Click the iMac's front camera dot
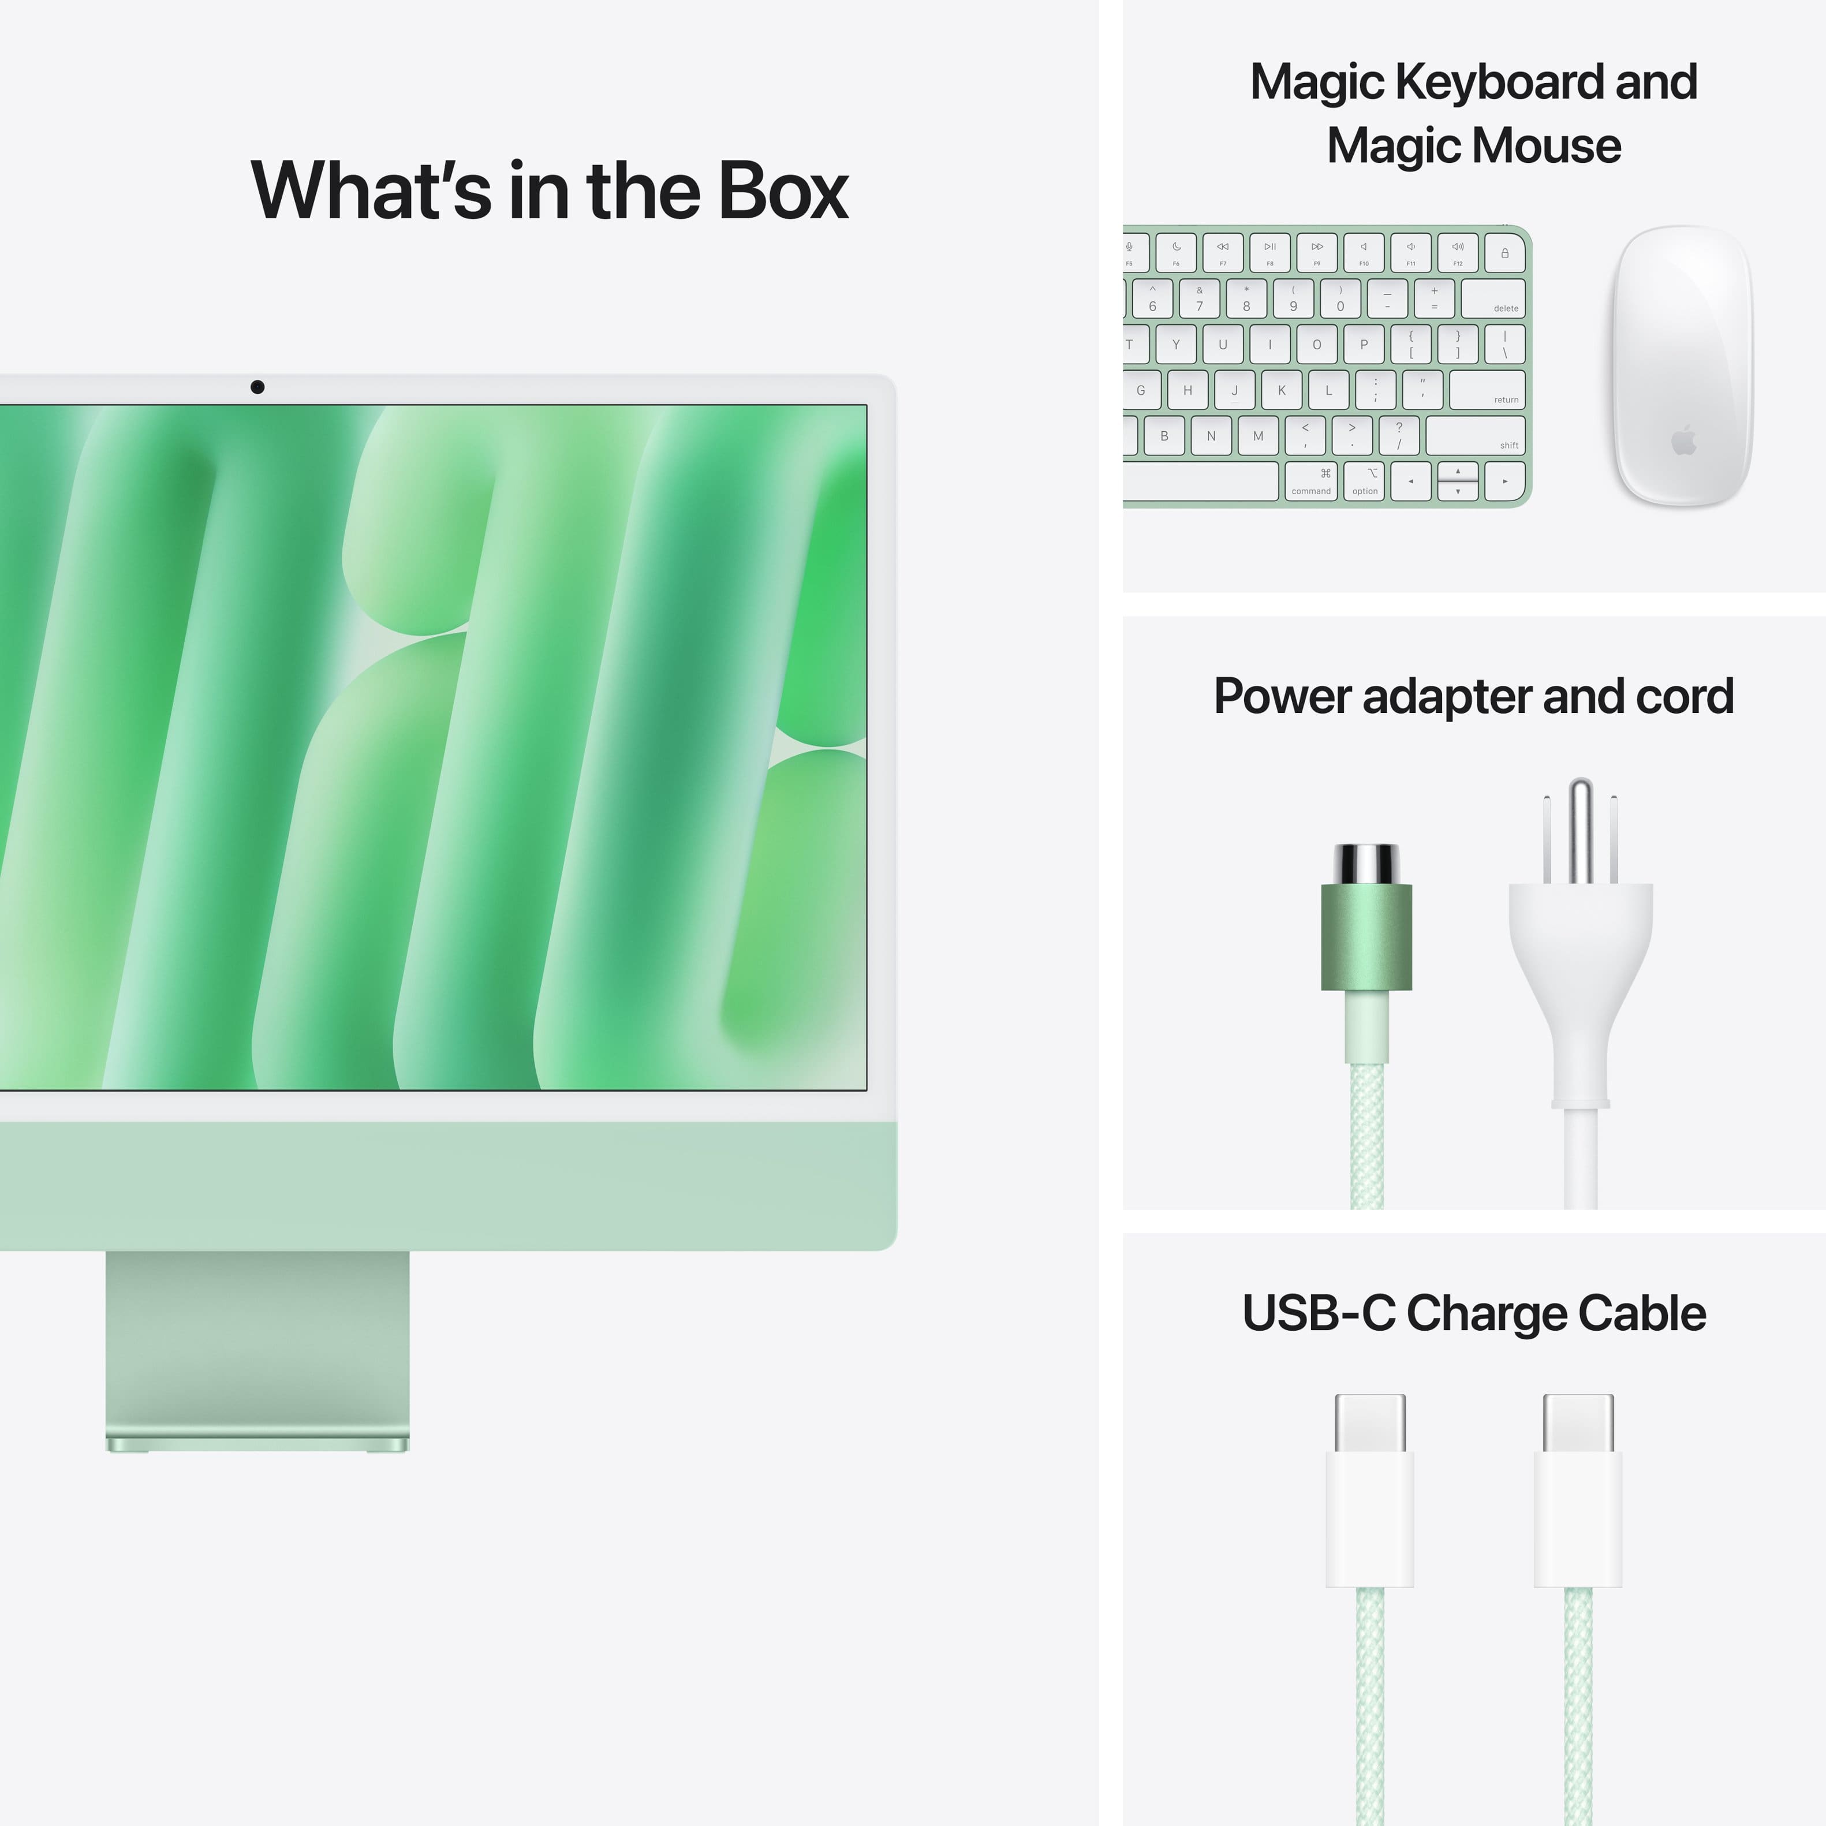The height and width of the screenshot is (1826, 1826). pyautogui.click(x=257, y=387)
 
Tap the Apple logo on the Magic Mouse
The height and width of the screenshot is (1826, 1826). pyautogui.click(x=1683, y=440)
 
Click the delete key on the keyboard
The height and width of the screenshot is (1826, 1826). pyautogui.click(x=1494, y=298)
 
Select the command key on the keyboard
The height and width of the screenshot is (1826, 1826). pyautogui.click(x=1311, y=481)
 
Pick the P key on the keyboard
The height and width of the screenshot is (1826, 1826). pyautogui.click(x=1364, y=344)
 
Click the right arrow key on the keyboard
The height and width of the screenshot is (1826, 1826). pyautogui.click(x=1504, y=481)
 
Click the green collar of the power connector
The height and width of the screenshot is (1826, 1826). pyautogui.click(x=1366, y=936)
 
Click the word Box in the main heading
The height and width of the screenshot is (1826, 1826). pyautogui.click(x=783, y=191)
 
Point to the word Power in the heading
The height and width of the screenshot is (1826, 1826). pyautogui.click(x=1283, y=697)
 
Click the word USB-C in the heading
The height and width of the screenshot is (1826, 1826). pyautogui.click(x=1317, y=1313)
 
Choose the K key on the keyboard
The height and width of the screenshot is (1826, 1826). pyautogui.click(x=1280, y=390)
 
